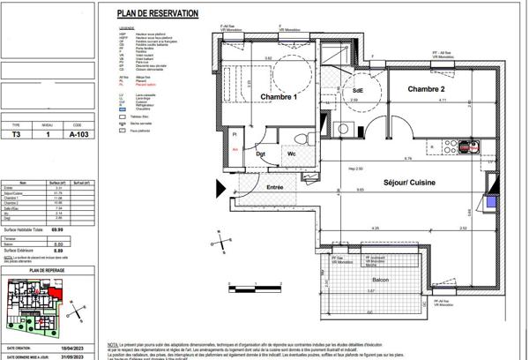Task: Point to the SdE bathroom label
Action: click(358, 90)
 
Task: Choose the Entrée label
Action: click(275, 187)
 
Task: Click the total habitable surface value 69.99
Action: click(82, 229)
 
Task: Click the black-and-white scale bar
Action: click(244, 287)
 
